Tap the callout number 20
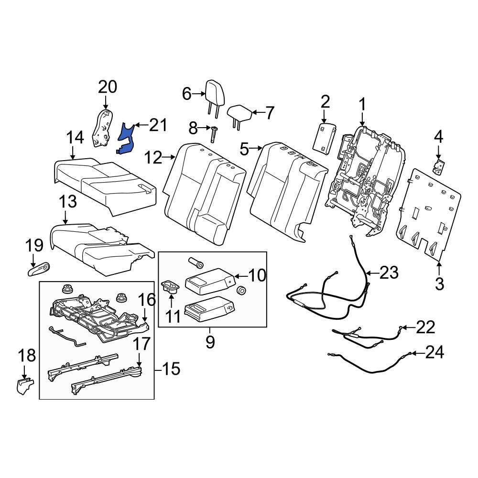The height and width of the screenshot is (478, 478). (107, 87)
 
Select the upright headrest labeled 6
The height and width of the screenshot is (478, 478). (212, 96)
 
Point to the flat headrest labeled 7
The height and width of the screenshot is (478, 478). (239, 114)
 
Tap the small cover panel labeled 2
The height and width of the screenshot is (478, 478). (324, 138)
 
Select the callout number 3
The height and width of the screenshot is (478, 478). (439, 283)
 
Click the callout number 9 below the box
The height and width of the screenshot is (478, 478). (210, 342)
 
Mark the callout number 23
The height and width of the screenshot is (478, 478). (389, 273)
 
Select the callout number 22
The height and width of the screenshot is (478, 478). (425, 327)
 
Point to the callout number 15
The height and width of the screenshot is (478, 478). (171, 369)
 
